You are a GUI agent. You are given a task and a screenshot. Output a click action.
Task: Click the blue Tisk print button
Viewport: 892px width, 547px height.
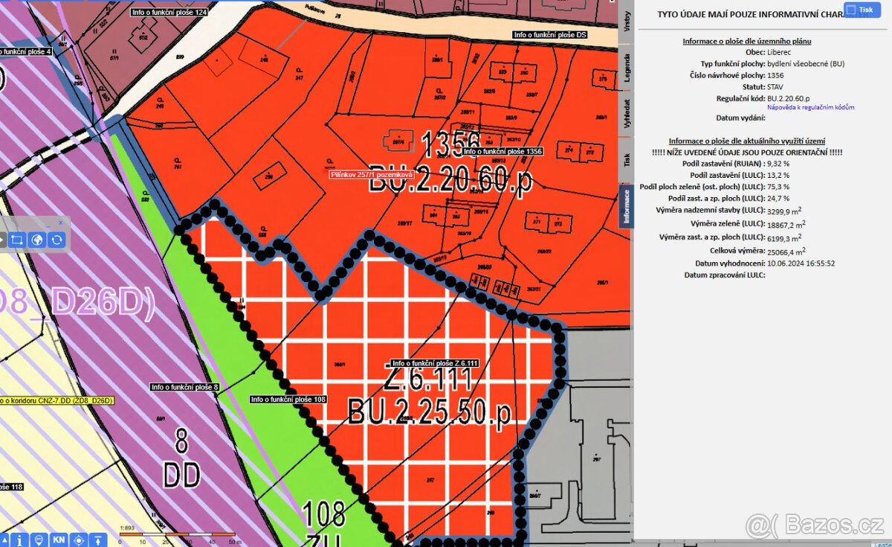[x=861, y=10]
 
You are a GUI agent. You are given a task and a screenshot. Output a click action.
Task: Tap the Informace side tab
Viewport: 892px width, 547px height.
[x=626, y=206]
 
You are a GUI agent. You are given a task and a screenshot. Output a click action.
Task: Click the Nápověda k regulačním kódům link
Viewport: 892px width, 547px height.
[x=810, y=108]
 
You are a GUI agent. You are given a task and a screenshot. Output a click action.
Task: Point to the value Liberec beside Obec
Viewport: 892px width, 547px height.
[x=780, y=53]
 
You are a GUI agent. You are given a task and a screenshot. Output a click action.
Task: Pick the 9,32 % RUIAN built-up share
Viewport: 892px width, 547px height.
[x=778, y=163]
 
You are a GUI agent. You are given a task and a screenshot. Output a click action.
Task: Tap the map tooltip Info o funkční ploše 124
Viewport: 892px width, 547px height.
[x=169, y=13]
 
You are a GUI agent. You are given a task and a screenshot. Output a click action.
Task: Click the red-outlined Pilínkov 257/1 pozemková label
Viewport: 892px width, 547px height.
[x=372, y=174]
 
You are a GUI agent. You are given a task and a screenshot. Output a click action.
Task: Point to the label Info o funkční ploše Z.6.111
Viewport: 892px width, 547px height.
[x=435, y=363]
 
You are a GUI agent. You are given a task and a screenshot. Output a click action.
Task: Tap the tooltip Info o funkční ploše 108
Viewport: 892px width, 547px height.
[x=288, y=400]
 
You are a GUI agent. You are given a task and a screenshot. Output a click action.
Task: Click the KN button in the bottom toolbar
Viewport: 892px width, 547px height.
[x=58, y=540]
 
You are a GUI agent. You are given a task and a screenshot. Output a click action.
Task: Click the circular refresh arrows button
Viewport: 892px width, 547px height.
[x=56, y=240]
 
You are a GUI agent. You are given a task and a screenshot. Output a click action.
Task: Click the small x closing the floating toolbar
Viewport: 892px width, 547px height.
[x=61, y=223]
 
